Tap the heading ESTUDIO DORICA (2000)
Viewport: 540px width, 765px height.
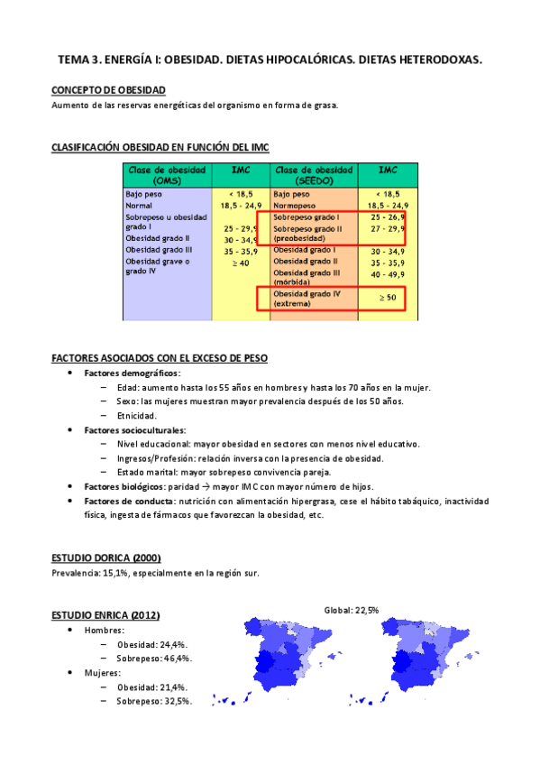(106, 558)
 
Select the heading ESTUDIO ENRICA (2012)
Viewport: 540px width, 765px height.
(105, 615)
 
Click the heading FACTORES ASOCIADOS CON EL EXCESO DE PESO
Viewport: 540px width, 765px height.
(160, 358)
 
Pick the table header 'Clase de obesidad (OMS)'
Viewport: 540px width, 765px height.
(167, 174)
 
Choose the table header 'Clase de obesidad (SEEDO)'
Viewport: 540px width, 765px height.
(313, 174)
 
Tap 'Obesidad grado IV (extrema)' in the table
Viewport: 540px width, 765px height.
(307, 299)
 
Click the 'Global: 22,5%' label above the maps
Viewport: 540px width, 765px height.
(352, 611)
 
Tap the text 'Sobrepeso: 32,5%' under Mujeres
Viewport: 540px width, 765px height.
(153, 701)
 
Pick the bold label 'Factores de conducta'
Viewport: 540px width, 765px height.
(128, 501)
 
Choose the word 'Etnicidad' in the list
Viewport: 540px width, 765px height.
(136, 416)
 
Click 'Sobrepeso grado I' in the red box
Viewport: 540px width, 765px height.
(307, 217)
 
